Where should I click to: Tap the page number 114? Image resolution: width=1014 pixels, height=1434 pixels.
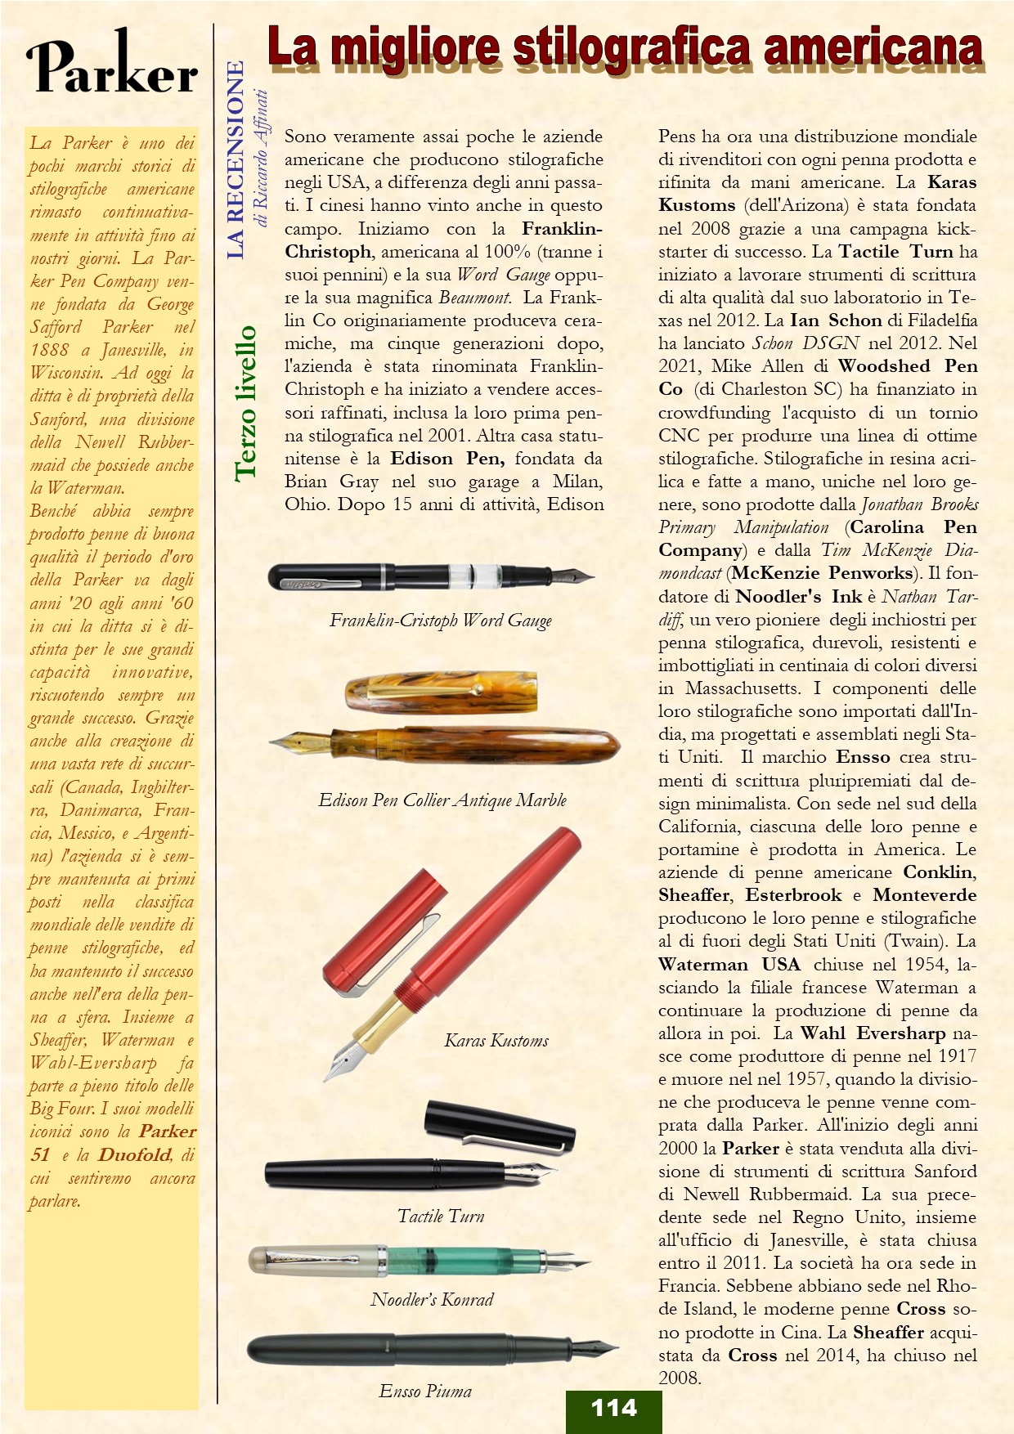pos(613,1408)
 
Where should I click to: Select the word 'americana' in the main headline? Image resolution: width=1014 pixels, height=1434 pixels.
pos(873,47)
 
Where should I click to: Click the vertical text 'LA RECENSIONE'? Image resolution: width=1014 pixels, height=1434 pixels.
pos(236,160)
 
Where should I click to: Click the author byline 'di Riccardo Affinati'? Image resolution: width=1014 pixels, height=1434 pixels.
pos(262,159)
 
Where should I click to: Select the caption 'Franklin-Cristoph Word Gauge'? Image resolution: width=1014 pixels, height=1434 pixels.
pos(441,621)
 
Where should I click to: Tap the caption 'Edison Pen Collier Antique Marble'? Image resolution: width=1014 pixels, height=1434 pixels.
pos(442,800)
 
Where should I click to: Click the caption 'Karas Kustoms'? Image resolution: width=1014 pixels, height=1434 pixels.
pos(496,1041)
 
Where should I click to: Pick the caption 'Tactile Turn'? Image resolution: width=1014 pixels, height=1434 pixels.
pos(441,1217)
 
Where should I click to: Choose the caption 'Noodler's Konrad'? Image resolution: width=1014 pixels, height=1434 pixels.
pos(432,1300)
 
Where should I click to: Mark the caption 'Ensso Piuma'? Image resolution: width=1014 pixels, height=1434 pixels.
pos(425,1391)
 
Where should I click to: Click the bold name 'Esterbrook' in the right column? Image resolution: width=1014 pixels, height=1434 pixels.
pos(793,895)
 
